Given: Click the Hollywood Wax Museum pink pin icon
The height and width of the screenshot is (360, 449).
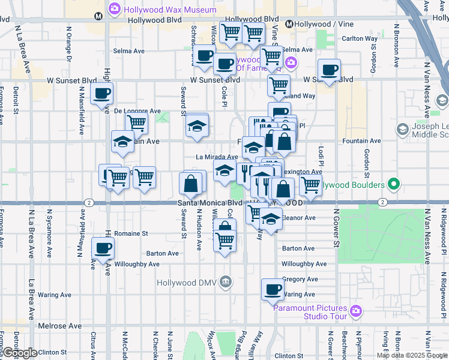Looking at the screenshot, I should (114, 9).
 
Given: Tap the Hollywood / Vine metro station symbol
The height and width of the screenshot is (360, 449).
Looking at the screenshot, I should (289, 25).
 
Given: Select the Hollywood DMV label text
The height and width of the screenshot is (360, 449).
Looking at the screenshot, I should (187, 282).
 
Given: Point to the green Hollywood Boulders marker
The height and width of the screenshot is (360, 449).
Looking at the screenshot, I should (393, 184).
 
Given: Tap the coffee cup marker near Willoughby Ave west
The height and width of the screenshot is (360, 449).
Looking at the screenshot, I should (102, 248).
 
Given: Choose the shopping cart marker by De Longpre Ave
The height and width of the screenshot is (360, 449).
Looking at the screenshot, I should (137, 123).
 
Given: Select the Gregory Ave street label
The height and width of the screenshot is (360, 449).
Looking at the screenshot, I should (299, 279).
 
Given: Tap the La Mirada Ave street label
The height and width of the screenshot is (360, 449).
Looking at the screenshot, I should (217, 157).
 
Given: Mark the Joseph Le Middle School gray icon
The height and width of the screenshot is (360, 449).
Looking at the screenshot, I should (402, 130).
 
